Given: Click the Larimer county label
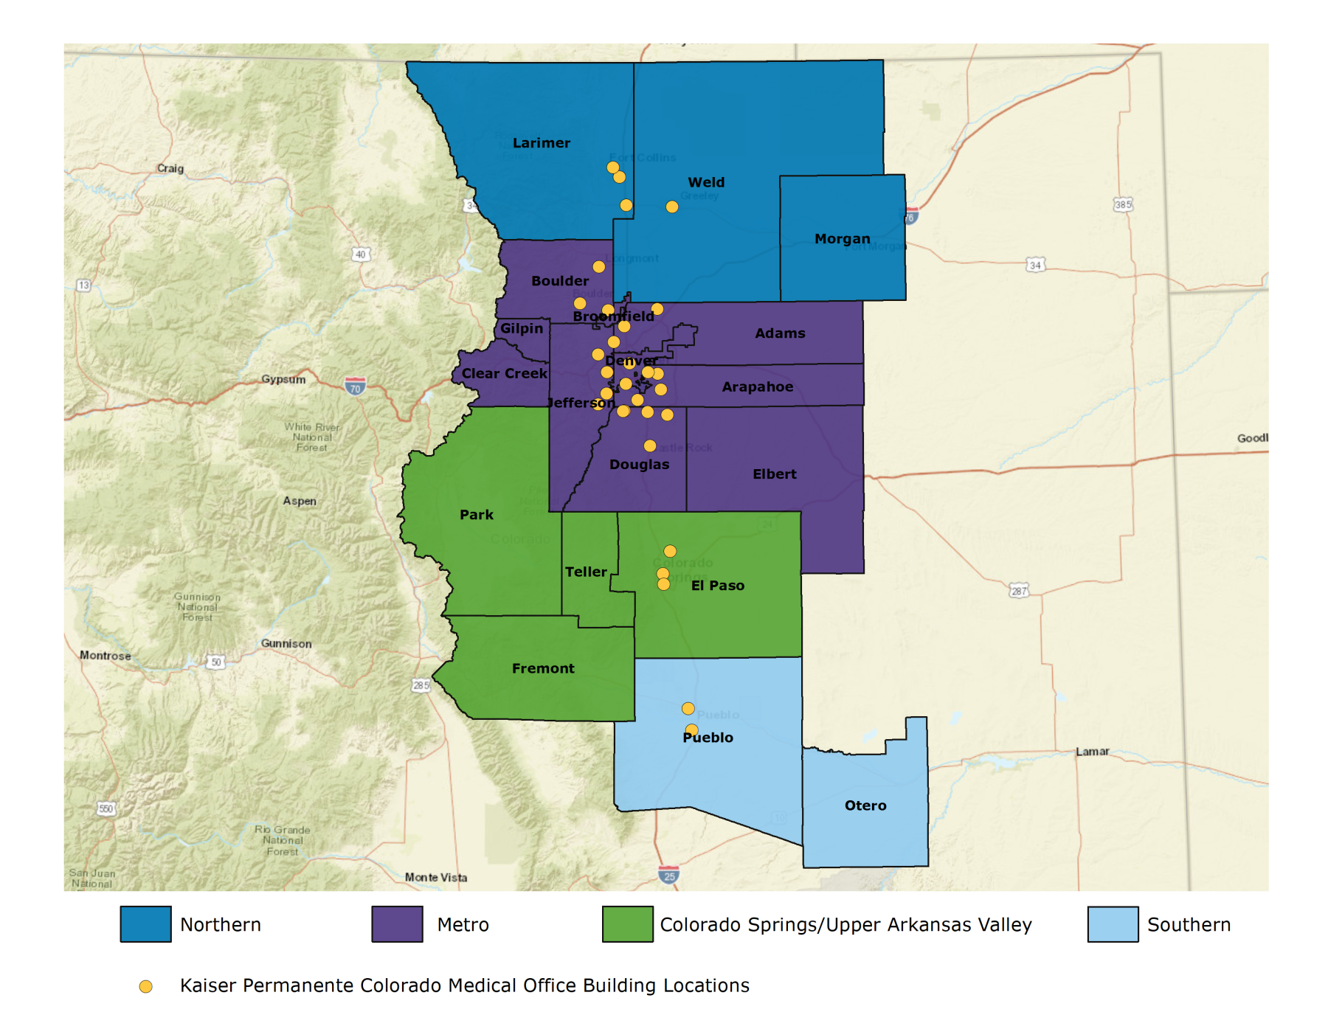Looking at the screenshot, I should (541, 143).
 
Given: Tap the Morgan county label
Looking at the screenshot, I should (842, 239).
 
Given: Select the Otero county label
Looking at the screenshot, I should (865, 805).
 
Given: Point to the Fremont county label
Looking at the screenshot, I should (543, 668).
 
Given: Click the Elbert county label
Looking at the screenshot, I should (774, 474).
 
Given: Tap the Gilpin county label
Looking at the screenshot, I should (522, 328).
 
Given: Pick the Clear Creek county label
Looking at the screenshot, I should (504, 373).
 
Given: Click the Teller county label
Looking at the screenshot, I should (586, 572).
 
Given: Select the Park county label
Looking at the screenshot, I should (476, 515).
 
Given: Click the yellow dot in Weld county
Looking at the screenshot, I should (671, 207).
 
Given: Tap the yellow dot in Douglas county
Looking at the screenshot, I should (650, 446).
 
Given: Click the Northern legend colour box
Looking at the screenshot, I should (145, 924).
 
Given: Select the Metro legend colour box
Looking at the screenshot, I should (397, 924).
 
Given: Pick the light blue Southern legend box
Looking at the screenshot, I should (1113, 924).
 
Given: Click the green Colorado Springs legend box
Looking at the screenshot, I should (627, 924).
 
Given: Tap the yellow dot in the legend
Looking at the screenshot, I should (146, 986).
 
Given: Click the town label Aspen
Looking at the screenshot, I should (300, 501).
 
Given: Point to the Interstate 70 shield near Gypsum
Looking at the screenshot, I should (355, 386).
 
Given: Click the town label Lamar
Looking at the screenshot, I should (1092, 752).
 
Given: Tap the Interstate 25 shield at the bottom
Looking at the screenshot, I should (668, 875).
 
